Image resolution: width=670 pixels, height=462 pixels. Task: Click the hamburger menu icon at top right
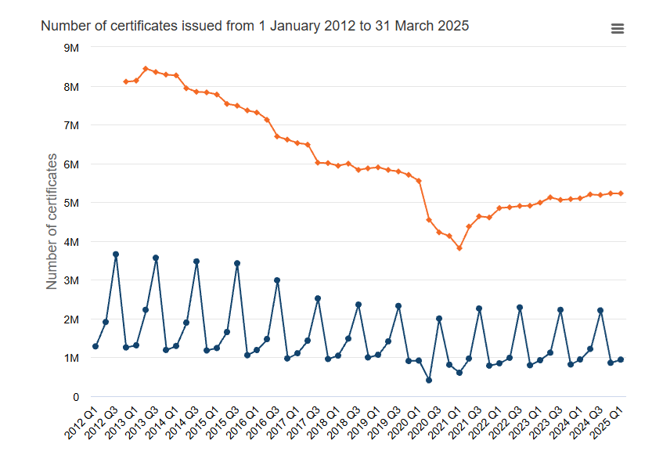[617, 29]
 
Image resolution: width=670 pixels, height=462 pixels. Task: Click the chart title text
[254, 26]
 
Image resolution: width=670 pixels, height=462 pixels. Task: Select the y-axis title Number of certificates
[52, 222]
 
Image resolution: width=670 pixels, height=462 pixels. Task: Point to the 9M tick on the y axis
[70, 48]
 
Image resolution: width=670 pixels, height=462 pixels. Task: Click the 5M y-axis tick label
[70, 203]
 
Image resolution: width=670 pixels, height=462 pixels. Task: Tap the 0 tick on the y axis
[75, 397]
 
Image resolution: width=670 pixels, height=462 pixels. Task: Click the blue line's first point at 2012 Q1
[95, 346]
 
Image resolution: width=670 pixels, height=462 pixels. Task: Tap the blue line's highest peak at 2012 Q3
[116, 254]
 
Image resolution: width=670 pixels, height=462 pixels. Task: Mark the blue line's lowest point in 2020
[429, 381]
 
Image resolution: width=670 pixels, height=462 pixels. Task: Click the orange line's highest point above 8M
[146, 69]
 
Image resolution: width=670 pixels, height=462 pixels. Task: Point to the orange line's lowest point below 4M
[459, 248]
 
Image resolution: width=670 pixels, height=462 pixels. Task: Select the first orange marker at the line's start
[125, 81]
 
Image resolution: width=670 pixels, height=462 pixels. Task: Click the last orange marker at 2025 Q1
[621, 193]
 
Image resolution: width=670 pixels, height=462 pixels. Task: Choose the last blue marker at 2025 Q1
[621, 360]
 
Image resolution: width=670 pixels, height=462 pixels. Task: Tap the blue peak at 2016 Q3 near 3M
[277, 280]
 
